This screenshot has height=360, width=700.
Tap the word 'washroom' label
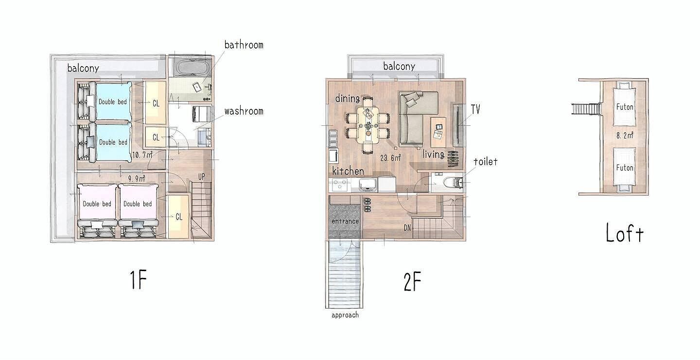[244, 111]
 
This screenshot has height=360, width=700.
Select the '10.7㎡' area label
[142, 154]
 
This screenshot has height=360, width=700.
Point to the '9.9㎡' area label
[137, 179]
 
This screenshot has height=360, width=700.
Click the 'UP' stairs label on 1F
[202, 177]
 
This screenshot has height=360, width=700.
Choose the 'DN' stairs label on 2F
[407, 228]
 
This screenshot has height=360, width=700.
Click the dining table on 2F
[368, 125]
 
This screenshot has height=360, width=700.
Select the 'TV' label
[475, 109]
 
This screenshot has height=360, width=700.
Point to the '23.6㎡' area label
[391, 158]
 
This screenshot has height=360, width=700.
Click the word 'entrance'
[345, 222]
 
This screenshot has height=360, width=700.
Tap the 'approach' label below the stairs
[345, 315]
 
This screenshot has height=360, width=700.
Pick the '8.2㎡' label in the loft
[625, 136]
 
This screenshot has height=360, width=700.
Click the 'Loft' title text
[625, 233]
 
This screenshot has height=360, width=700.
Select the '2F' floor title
[412, 281]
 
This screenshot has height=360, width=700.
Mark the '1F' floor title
[138, 280]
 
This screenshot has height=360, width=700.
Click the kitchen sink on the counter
[368, 184]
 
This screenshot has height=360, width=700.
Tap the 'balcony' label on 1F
[83, 68]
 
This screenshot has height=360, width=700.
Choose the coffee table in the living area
[438, 132]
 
